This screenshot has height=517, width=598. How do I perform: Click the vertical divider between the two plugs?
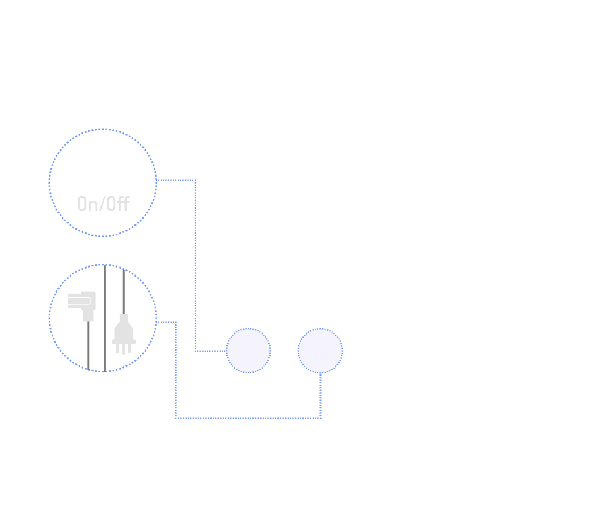(105, 319)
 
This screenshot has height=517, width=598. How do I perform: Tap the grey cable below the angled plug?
(89, 346)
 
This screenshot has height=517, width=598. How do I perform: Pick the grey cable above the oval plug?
(123, 290)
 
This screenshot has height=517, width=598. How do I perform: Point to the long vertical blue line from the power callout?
(196, 266)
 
